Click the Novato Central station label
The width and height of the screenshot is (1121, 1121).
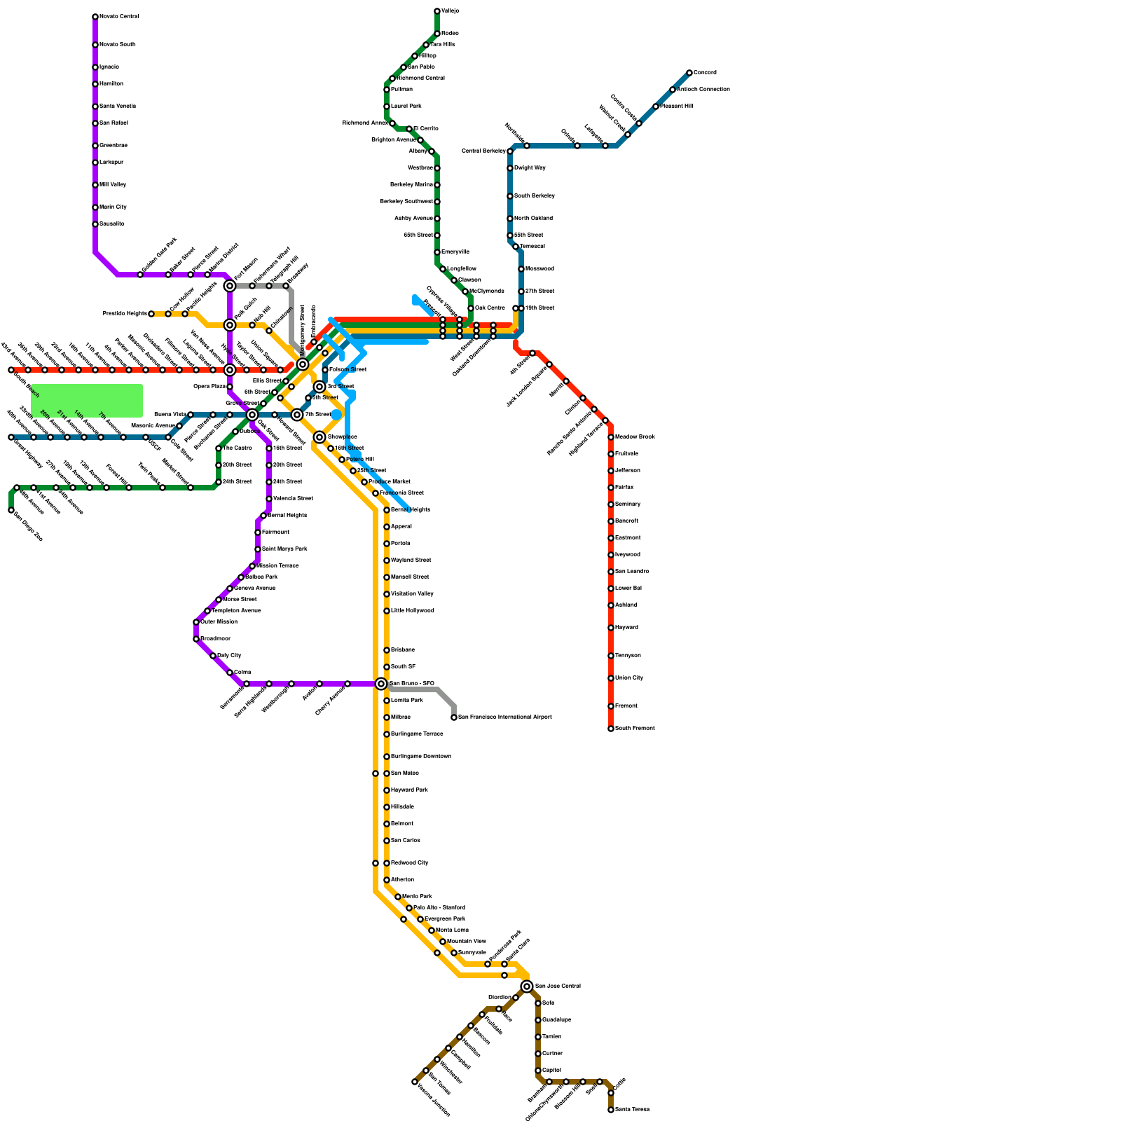(119, 17)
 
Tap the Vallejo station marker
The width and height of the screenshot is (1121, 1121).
(437, 11)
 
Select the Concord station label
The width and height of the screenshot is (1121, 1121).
(705, 73)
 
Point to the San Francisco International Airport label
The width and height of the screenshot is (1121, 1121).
(504, 717)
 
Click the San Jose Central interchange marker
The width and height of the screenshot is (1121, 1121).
(527, 986)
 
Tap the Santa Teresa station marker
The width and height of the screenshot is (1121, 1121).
(611, 1110)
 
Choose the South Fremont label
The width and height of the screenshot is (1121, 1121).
(635, 729)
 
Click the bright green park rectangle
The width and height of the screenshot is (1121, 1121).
(87, 400)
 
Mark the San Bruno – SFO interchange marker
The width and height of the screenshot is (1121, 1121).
(381, 684)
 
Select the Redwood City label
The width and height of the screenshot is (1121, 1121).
(409, 863)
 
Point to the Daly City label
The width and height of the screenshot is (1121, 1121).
(229, 656)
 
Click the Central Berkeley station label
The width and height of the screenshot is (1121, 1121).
(483, 151)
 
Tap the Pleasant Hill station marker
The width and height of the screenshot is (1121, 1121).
(656, 106)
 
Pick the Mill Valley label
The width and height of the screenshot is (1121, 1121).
(113, 185)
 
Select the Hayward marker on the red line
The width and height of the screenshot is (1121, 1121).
(611, 628)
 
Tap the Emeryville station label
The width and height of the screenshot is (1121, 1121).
(455, 252)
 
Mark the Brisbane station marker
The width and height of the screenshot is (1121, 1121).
(387, 650)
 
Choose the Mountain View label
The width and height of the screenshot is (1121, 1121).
(466, 942)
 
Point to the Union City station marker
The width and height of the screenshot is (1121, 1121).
(611, 678)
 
